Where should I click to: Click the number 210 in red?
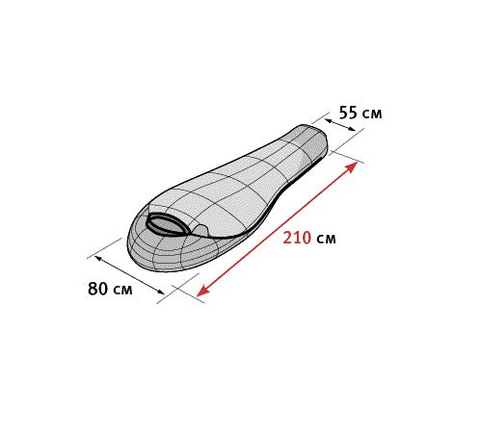(297, 238)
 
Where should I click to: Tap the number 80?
(97, 289)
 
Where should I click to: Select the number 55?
(348, 113)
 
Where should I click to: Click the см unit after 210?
(326, 239)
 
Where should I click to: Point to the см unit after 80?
(122, 290)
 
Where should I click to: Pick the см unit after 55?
(372, 114)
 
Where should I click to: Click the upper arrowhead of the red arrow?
(352, 166)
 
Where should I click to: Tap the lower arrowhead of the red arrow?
(202, 291)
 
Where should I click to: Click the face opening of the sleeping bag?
(168, 224)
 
